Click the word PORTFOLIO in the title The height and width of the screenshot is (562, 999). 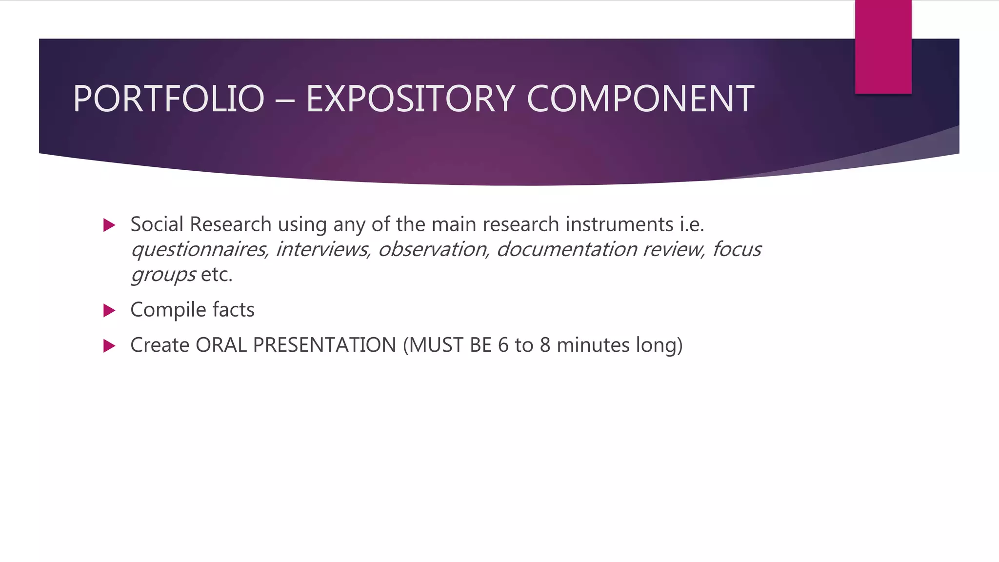coord(168,99)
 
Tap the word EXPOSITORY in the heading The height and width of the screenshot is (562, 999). coord(410,99)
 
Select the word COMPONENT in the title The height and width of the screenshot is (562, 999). coord(640,99)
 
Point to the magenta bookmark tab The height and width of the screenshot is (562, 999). coord(883,47)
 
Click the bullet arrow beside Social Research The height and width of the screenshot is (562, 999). coord(109,225)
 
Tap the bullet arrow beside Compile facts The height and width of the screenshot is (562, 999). coord(109,311)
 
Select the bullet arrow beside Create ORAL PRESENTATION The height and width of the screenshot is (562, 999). coord(109,346)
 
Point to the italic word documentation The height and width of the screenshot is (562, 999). coord(566,249)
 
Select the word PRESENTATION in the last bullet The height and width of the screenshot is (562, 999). coord(324,345)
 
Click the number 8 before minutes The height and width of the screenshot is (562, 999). coord(545,345)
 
